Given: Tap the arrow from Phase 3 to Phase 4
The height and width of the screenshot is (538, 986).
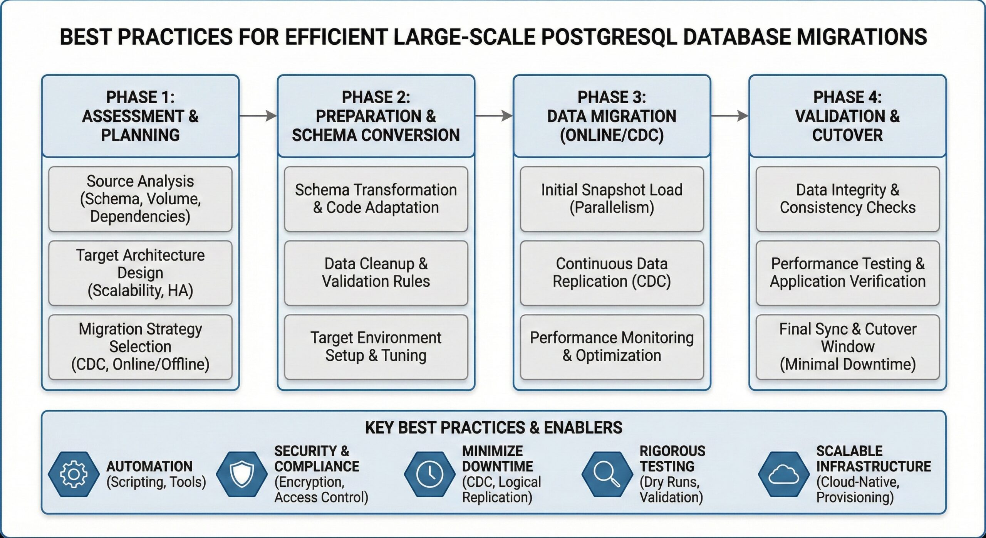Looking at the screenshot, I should [729, 116].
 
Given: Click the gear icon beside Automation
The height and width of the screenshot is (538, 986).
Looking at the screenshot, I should [74, 474].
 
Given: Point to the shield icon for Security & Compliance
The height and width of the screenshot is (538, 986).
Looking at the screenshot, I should [241, 474].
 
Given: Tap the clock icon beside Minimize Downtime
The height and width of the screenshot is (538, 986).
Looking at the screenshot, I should [429, 474].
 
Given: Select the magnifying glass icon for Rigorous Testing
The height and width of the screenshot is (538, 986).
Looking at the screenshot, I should [607, 474].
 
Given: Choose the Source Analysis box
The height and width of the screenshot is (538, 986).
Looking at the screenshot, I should [141, 199].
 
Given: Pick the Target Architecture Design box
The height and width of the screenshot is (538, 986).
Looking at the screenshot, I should [141, 273].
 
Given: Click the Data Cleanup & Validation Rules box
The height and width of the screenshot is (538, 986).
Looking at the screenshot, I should [376, 273].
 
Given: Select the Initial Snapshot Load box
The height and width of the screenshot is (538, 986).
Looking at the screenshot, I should [612, 199].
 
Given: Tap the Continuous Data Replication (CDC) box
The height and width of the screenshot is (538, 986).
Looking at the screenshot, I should [612, 273].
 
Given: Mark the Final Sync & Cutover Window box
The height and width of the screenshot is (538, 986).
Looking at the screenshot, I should [848, 347].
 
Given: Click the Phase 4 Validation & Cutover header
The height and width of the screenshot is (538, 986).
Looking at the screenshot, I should [848, 116].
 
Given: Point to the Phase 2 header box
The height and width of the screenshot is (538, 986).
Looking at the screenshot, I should [376, 116].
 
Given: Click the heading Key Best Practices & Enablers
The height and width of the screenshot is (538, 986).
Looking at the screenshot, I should [493, 428].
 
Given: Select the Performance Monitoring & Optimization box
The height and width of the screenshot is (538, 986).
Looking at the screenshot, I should [612, 347].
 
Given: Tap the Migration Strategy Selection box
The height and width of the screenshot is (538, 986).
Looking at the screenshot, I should [141, 347].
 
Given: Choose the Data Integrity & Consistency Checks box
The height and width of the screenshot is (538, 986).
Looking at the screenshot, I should [848, 199].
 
